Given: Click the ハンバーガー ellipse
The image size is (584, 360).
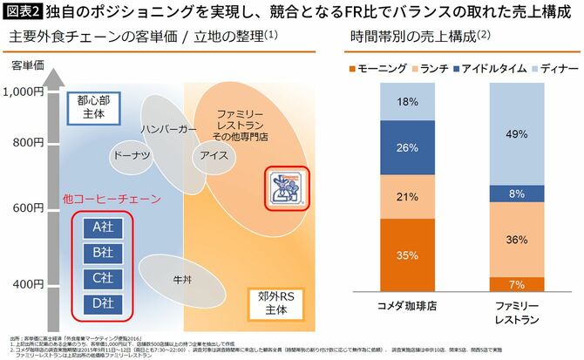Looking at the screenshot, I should (168, 127).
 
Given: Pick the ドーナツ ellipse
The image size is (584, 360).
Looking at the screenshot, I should (130, 156).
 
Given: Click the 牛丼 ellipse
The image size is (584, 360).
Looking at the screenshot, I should (177, 278).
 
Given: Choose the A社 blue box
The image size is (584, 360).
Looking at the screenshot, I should (102, 227).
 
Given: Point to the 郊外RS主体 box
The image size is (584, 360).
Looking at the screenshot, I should (271, 302).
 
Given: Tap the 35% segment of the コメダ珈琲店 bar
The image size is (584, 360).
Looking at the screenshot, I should (408, 255).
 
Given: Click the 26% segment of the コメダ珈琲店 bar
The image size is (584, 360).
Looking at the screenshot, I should (408, 147).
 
